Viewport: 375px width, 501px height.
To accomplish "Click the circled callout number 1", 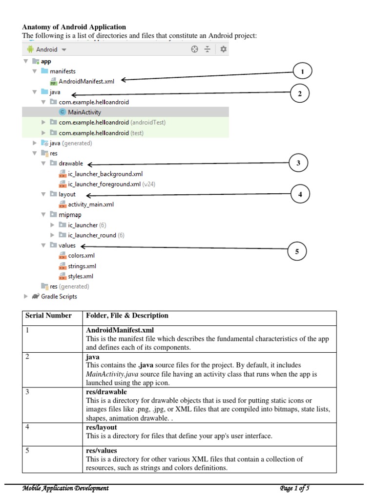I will pos(302,72).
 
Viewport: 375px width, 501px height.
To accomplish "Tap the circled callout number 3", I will pos(298,163).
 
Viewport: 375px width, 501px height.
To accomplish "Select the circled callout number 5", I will pos(296,251).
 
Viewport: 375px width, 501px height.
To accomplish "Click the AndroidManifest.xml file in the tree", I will pos(86,81).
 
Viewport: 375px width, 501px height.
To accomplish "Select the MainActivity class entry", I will pos(84,112).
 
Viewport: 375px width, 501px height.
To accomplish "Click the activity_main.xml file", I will pos(90,205).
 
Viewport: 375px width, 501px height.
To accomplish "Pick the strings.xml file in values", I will pos(82,266).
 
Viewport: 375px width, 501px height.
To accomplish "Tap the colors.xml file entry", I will pos(81,256).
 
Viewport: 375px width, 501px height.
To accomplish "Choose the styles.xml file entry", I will pos(80,276).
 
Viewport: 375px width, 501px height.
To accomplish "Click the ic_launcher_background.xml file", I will pos(105,174).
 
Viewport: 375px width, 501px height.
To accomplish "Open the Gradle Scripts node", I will pos(59,296).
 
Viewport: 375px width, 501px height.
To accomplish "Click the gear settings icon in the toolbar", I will pos(223,49).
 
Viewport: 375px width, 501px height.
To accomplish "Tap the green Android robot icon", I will pos(30,49).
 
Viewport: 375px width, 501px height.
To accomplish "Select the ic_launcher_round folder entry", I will pos(92,235).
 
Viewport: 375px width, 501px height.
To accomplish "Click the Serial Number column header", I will pos(48,316).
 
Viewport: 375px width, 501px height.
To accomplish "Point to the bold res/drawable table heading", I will pos(106,392).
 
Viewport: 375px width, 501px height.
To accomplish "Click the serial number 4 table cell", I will pos(28,427).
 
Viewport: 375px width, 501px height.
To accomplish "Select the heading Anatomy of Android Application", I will pos(74,27).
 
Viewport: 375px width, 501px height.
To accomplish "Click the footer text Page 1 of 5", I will pos(294,488).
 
